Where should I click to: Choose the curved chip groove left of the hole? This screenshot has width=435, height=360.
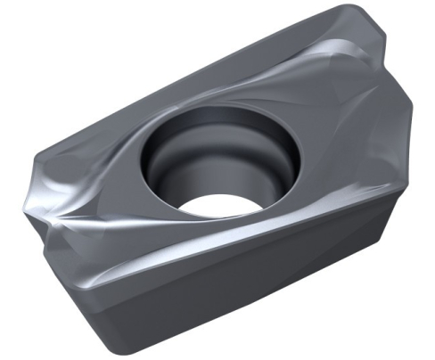pos(125,169)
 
